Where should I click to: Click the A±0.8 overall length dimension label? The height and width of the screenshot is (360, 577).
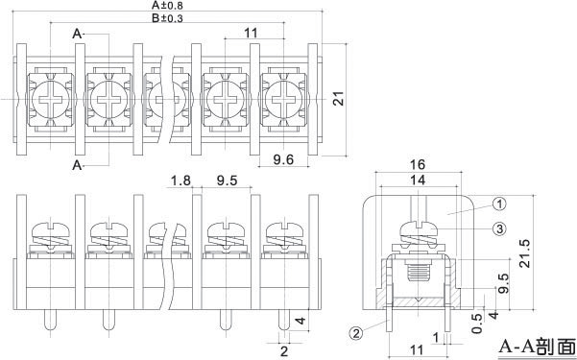(167, 6)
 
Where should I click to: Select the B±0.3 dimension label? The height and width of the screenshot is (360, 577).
(167, 18)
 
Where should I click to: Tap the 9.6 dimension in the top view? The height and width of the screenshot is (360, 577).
(283, 159)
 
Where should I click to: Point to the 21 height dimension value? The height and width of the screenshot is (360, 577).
(339, 98)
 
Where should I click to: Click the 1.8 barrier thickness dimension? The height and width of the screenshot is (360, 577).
(181, 180)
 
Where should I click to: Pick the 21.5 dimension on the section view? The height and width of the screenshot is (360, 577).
(525, 253)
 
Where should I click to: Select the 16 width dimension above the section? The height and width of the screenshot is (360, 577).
(418, 164)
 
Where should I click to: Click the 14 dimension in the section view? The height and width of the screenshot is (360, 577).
(418, 180)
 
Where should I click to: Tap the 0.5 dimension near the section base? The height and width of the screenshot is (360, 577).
(477, 324)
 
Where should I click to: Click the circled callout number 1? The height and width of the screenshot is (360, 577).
(499, 204)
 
